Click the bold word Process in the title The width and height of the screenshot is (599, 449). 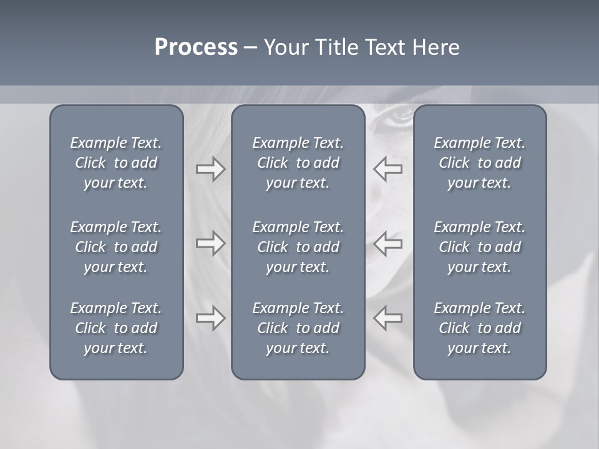click(196, 47)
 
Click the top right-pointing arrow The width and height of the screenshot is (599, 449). click(210, 169)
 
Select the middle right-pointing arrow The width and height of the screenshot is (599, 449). click(210, 243)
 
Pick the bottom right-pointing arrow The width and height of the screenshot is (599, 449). click(210, 318)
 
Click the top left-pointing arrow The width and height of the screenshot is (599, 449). click(388, 169)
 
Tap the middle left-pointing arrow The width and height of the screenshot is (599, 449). click(388, 243)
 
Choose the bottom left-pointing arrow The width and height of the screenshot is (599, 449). click(388, 318)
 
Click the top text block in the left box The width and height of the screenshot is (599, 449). click(116, 163)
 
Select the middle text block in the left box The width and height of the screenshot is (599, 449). click(116, 247)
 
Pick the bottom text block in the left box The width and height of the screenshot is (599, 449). click(116, 328)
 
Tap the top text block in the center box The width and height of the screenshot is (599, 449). click(298, 163)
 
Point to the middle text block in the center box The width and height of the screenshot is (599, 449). click(298, 247)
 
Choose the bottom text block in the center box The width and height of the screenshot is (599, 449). click(298, 328)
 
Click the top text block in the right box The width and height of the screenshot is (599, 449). click(480, 163)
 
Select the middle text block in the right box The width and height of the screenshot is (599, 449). click(480, 247)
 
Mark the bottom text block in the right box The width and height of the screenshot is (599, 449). click(480, 328)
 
